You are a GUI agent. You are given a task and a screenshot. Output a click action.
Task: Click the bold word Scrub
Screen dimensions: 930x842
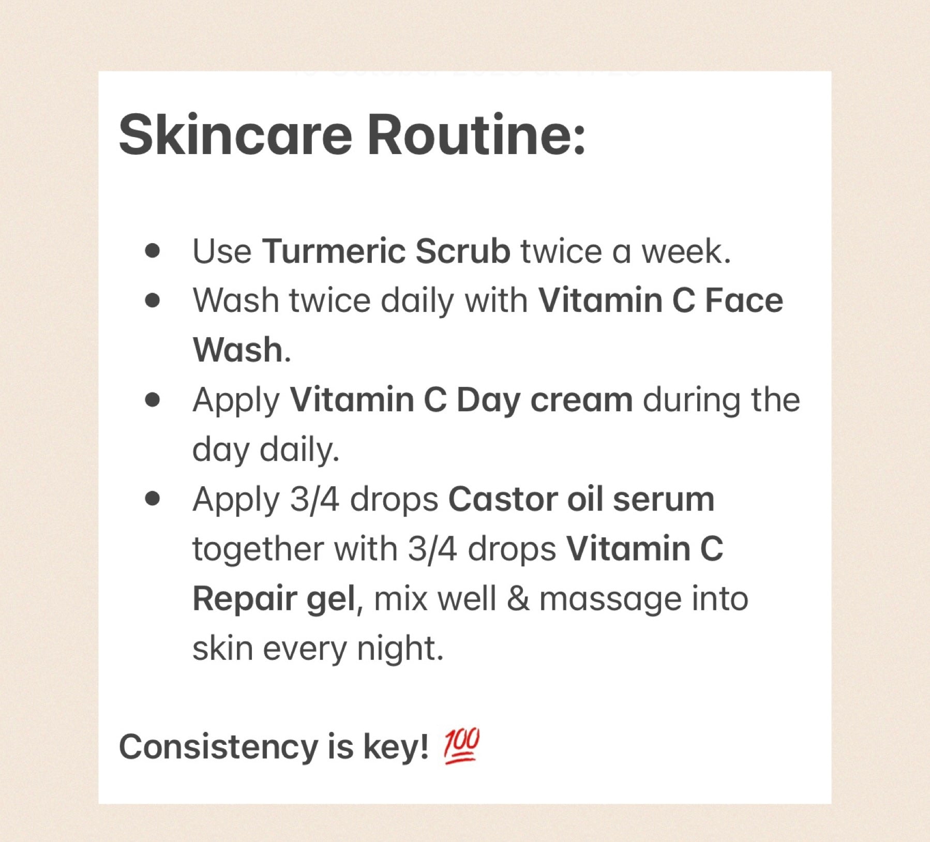[x=463, y=251]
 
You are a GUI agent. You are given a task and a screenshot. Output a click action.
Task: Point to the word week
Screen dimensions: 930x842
[x=686, y=251]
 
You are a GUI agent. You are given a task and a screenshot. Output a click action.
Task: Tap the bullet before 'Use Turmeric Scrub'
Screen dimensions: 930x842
[x=153, y=251]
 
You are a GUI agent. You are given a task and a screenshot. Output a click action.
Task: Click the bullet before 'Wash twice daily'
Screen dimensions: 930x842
[x=153, y=300]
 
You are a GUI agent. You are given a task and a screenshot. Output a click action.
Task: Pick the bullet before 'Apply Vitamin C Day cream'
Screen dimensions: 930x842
[x=153, y=400]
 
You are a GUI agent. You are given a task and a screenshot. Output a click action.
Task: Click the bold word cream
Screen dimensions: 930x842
[x=581, y=400]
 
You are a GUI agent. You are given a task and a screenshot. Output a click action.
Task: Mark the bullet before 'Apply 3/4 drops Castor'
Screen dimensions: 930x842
[x=153, y=499]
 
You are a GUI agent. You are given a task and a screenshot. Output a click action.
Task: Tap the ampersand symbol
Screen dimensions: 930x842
[x=518, y=598]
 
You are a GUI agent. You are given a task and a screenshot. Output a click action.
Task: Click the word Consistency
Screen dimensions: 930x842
[x=219, y=747]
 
